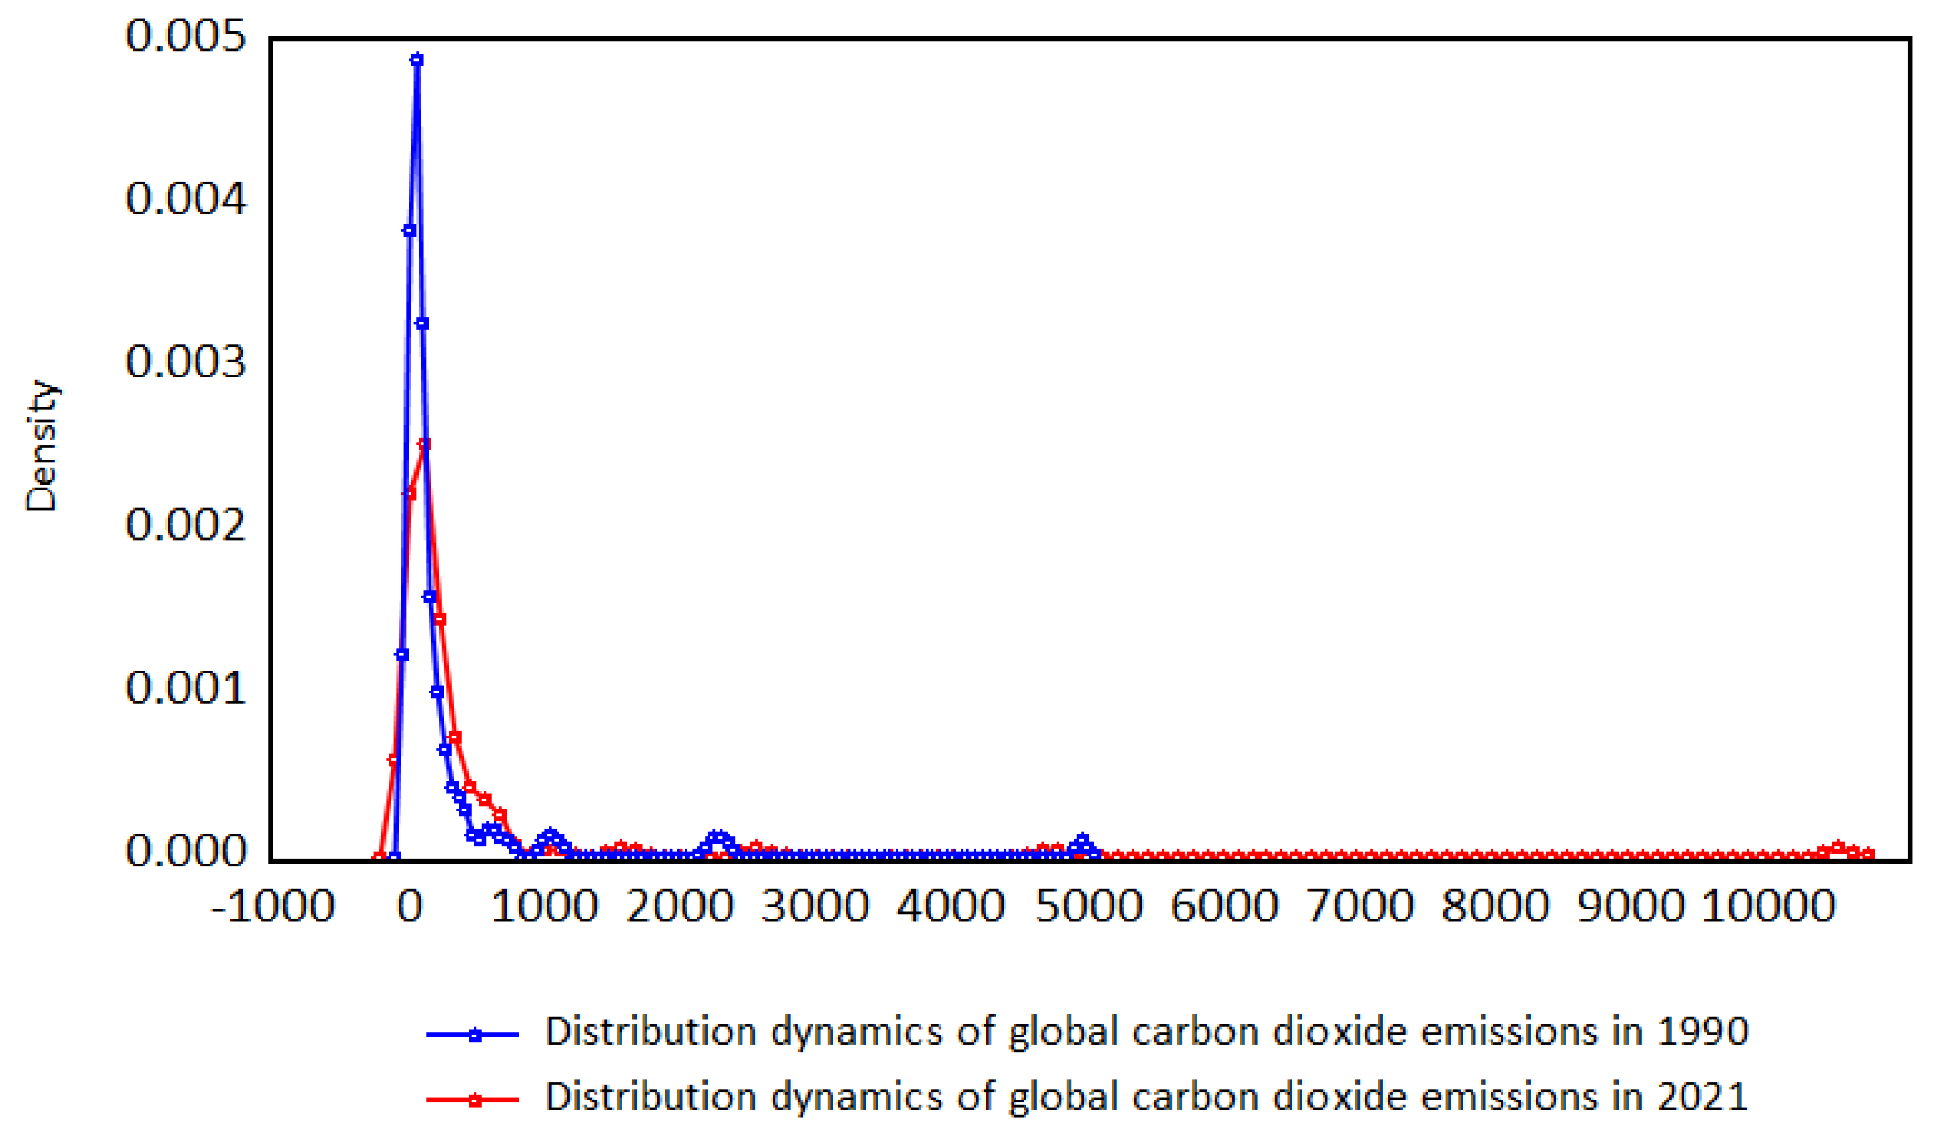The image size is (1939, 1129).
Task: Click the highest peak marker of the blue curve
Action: pos(417,59)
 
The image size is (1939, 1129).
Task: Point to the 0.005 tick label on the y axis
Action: pos(186,36)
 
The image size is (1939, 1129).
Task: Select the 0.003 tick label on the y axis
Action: pos(186,362)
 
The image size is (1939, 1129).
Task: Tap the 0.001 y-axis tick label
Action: pos(186,687)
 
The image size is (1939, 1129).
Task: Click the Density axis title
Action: pos(42,446)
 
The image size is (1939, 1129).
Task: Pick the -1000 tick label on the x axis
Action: pos(273,906)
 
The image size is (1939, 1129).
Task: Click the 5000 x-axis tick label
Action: pos(1088,906)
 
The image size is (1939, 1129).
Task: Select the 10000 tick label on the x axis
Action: pos(1768,906)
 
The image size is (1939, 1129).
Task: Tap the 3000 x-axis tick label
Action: pos(815,906)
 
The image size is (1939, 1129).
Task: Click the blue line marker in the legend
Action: pos(475,1035)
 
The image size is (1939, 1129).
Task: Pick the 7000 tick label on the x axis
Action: pos(1360,906)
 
